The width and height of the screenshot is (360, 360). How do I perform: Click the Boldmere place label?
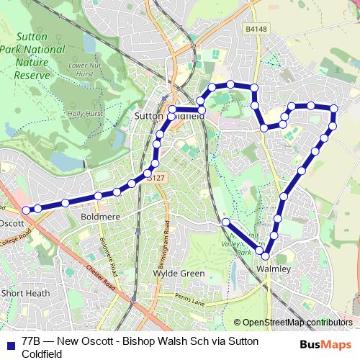tap(99, 215)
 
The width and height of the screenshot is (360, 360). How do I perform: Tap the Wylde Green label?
tap(179, 274)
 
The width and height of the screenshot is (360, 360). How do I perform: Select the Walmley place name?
tap(274, 269)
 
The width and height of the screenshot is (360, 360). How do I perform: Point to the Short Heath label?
tap(25, 293)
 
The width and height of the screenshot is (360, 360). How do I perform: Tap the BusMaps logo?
tap(325, 343)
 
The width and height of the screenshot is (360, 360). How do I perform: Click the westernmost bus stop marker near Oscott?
tap(26, 210)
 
